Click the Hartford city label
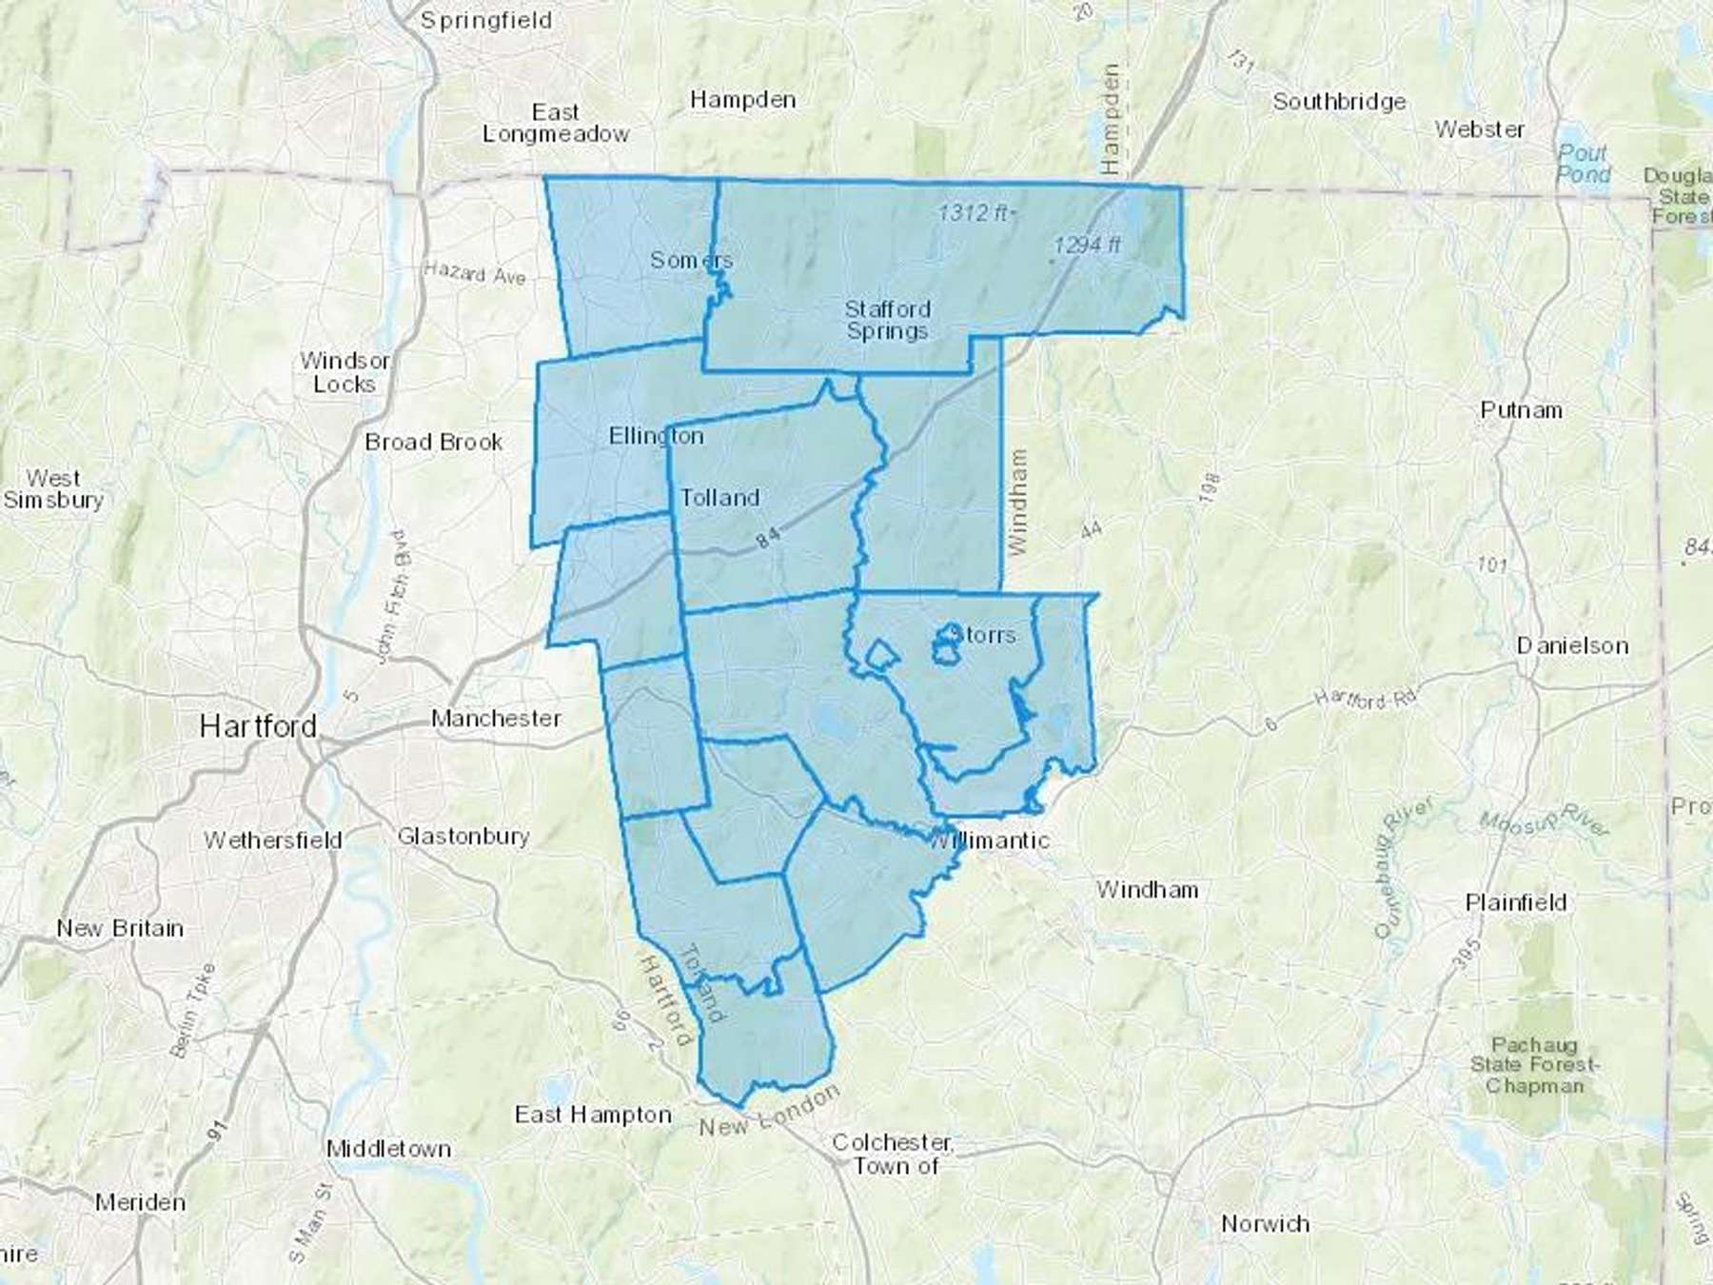click(258, 727)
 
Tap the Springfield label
click(485, 21)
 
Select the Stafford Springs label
click(887, 320)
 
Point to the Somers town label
click(691, 260)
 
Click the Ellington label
click(656, 436)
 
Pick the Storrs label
click(984, 635)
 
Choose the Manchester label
click(496, 719)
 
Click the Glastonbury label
click(463, 837)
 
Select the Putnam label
click(1521, 410)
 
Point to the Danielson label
click(1572, 646)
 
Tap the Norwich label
click(1265, 1224)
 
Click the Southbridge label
click(1339, 102)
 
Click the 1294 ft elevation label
click(1087, 246)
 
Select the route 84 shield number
click(769, 538)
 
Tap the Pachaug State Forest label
click(1534, 1065)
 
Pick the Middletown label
click(388, 1149)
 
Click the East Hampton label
click(593, 1115)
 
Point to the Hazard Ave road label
click(475, 274)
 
